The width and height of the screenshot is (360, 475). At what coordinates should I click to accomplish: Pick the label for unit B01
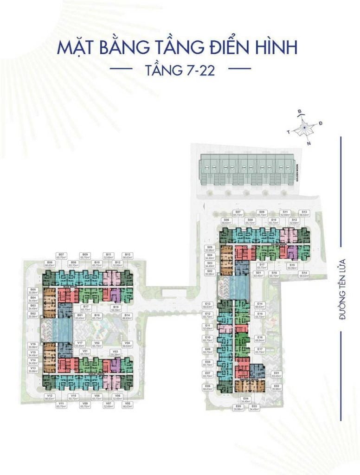click(79, 317)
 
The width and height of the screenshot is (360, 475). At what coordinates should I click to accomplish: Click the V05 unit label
click(127, 404)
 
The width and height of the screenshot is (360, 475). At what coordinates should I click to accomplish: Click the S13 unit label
click(304, 213)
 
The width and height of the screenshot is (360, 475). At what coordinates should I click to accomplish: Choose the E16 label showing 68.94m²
click(260, 339)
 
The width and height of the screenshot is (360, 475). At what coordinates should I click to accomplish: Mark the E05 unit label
click(239, 408)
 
